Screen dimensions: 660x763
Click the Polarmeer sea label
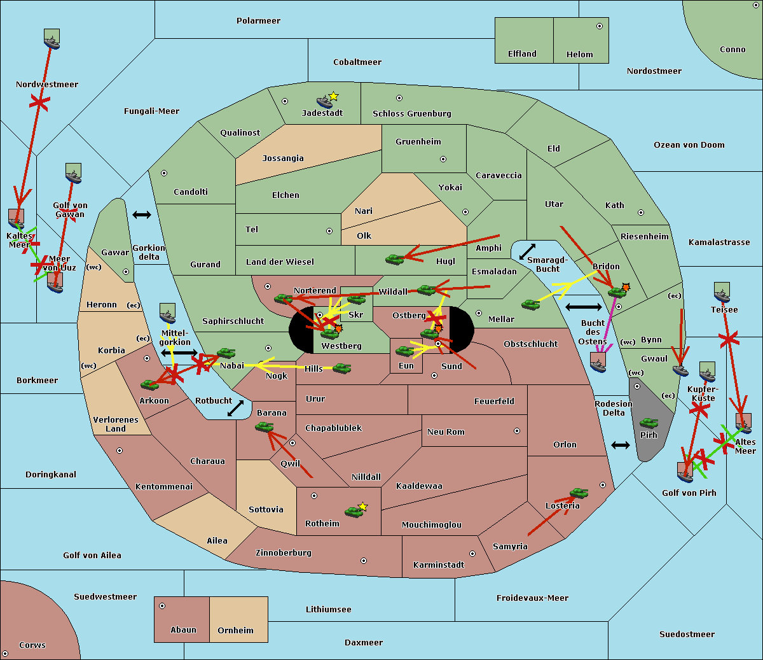tap(258, 21)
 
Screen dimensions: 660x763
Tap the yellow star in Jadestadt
tap(333, 96)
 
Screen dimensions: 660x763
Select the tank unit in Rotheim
tap(354, 511)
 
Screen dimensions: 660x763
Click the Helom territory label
tap(579, 55)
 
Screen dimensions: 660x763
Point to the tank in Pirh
tap(649, 423)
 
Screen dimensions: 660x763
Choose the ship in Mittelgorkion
tap(167, 314)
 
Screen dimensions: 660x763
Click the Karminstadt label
tap(439, 565)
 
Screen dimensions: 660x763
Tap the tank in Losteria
tap(579, 493)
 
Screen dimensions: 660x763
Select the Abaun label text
tap(183, 630)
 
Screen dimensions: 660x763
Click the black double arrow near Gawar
tap(142, 215)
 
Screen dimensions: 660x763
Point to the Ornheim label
tap(235, 631)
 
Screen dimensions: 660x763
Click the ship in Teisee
tap(722, 293)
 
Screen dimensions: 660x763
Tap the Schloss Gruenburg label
tap(411, 114)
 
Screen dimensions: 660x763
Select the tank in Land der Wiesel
tap(394, 259)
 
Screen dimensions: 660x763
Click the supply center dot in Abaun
tap(162, 606)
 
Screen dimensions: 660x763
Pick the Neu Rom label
tap(446, 432)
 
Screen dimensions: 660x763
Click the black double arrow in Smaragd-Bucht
tap(527, 252)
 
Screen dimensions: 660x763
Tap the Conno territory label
tap(732, 50)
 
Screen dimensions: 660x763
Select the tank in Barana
tap(264, 427)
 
